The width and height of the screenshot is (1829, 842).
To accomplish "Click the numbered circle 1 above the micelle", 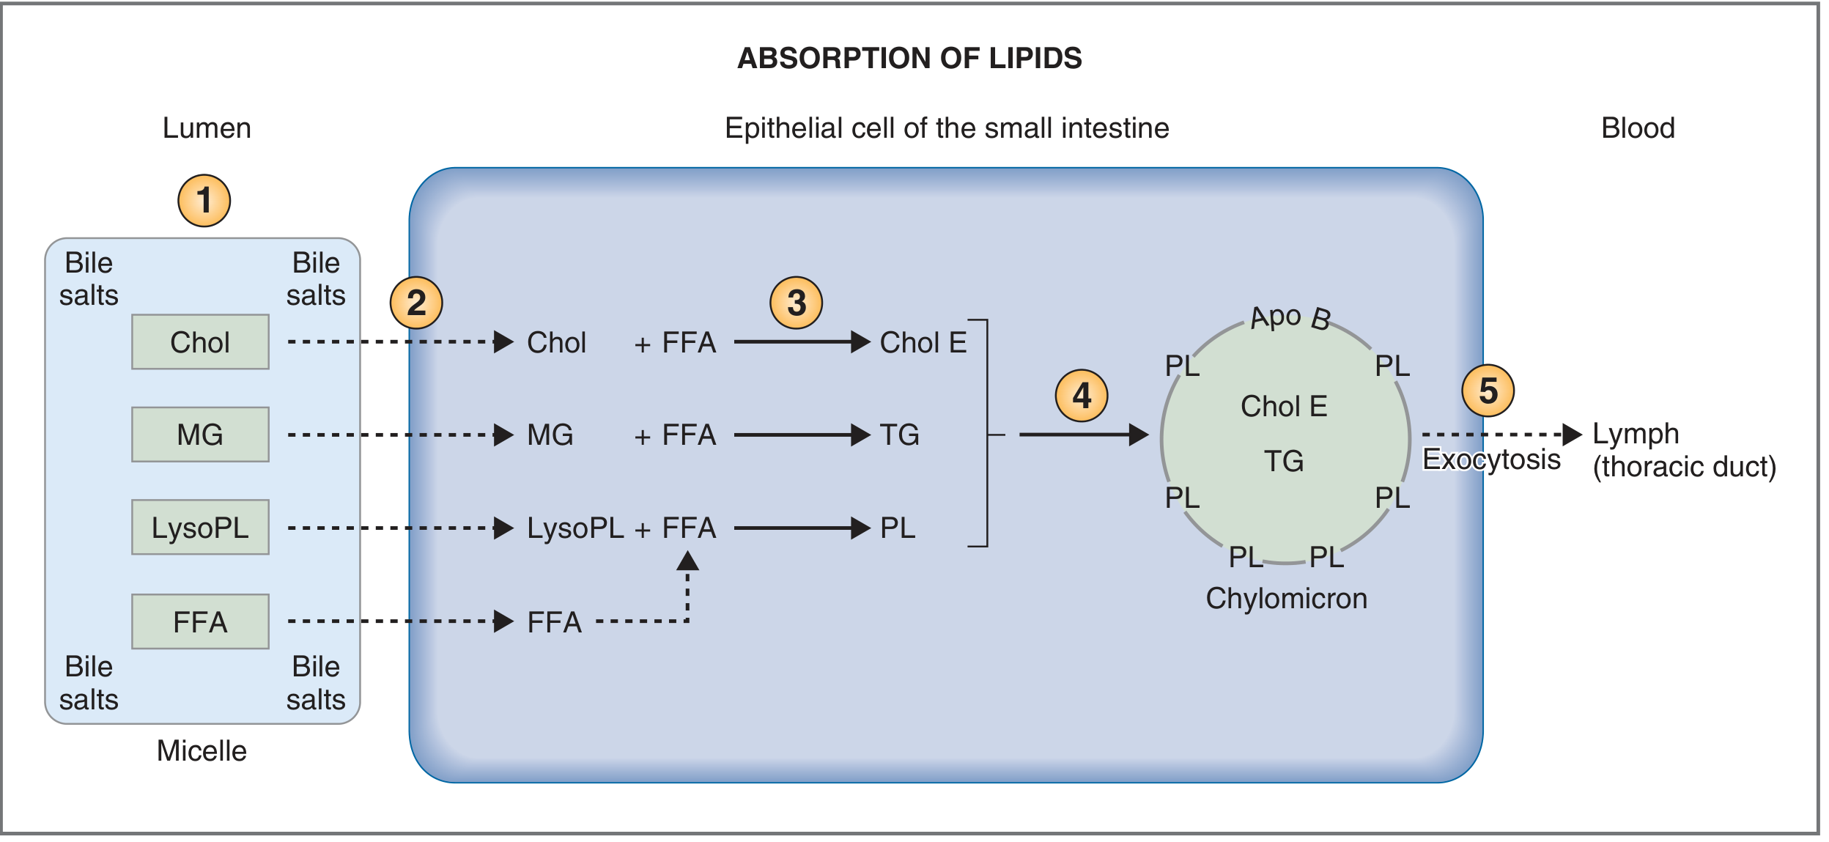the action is point(204,201).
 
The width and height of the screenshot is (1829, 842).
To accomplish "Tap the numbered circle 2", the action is point(416,303).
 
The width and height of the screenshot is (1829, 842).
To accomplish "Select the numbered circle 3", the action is point(797,303).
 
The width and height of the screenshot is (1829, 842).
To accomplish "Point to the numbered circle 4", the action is point(1082,396).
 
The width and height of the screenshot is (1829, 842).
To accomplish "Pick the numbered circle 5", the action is point(1488,391).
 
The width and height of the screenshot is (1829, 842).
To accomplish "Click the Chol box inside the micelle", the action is point(200,342).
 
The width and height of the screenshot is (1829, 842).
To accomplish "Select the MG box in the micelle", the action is point(200,435).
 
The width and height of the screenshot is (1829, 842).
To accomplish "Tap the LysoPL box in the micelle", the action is point(200,528).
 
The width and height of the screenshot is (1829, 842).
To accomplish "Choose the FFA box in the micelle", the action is point(200,621).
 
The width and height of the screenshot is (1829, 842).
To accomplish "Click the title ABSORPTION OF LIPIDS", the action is point(909,59).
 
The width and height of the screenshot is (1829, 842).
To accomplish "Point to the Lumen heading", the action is point(207,128).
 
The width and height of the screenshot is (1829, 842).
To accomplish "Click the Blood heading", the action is point(1638,128).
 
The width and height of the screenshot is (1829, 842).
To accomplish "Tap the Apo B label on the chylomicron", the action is point(1290,318).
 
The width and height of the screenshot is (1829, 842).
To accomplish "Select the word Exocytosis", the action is point(1491,459).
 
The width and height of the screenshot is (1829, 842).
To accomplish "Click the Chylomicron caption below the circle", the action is point(1287,599).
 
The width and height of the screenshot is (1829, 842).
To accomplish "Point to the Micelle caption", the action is point(202,751).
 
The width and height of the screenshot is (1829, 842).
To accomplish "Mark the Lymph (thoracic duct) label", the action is point(1685,451).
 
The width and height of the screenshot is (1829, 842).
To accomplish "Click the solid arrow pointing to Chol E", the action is point(802,342).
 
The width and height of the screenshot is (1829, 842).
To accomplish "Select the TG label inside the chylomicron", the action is point(1284,461).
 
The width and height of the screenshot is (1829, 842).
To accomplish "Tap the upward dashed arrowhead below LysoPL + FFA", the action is point(687,561).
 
